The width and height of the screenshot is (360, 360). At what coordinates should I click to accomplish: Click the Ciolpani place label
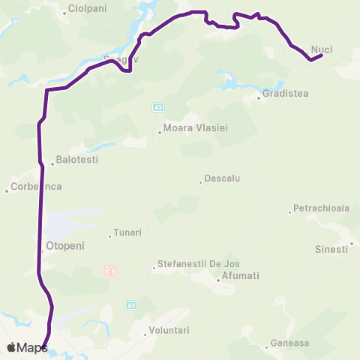click(x=87, y=10)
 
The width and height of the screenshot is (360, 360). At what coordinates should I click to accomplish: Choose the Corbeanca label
click(x=36, y=186)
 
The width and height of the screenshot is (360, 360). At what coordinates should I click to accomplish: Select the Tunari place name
click(x=127, y=232)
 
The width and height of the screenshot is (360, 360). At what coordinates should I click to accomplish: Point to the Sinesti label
click(x=331, y=249)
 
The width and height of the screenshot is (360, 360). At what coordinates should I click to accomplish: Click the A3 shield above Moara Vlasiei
click(x=157, y=107)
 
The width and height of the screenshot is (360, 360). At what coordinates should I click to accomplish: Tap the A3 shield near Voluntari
click(x=131, y=305)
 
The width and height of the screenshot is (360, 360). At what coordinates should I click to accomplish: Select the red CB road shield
click(x=112, y=271)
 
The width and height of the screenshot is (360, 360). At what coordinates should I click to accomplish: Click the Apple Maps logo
click(x=27, y=347)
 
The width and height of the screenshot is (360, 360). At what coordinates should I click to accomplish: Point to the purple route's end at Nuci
click(x=321, y=55)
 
